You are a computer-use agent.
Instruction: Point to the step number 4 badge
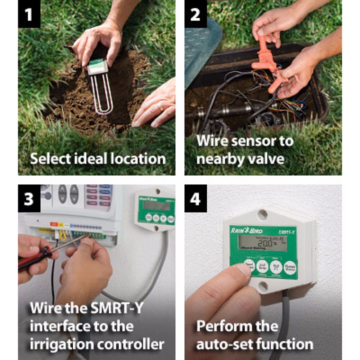(x=195, y=199)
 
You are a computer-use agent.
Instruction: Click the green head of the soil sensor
(x=97, y=66)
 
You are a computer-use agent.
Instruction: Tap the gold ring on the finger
(x=161, y=107)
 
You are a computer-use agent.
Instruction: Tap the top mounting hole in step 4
(x=263, y=215)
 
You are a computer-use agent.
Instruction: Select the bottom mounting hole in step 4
(x=263, y=287)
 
